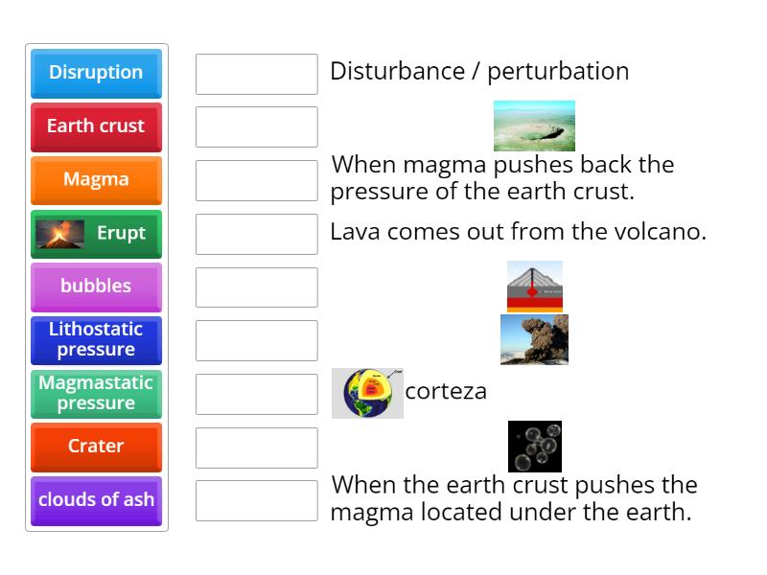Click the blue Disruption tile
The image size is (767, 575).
click(x=96, y=73)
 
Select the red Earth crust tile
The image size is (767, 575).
click(x=96, y=126)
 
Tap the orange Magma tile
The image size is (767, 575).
click(x=96, y=179)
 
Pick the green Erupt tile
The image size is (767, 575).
click(x=96, y=233)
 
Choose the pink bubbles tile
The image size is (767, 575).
click(x=96, y=287)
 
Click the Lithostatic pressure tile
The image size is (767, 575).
click(x=96, y=339)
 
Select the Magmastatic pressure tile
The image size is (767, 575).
click(x=96, y=393)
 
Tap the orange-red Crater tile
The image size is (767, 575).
click(x=96, y=447)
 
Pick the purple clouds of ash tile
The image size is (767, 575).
click(x=96, y=500)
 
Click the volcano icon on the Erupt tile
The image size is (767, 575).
click(x=60, y=234)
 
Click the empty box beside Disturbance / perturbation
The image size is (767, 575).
click(x=256, y=74)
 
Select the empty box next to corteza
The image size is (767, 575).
click(x=256, y=394)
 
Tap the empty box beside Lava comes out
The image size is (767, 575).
click(x=256, y=234)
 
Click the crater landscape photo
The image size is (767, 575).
click(x=534, y=126)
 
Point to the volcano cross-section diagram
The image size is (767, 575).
click(x=534, y=286)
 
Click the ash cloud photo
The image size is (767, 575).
click(x=534, y=339)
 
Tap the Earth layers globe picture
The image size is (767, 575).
click(x=367, y=393)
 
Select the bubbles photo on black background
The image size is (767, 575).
click(x=534, y=447)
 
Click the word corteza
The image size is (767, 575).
click(x=446, y=391)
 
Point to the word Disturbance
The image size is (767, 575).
click(x=385, y=71)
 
